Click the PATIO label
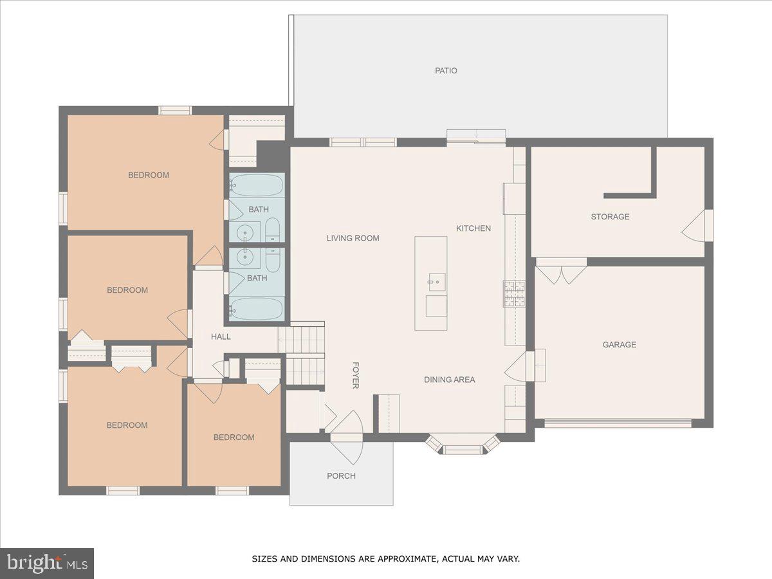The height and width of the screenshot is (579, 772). click(x=446, y=71)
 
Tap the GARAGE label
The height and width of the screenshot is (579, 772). click(x=619, y=345)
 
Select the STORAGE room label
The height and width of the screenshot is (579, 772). click(x=610, y=217)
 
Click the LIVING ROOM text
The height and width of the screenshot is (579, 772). click(x=353, y=238)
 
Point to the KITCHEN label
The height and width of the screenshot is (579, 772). click(x=473, y=228)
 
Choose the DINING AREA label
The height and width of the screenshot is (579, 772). click(x=449, y=380)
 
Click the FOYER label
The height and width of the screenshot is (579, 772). click(x=355, y=375)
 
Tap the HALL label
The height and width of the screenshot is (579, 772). click(x=221, y=336)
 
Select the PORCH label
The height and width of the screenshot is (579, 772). click(x=341, y=476)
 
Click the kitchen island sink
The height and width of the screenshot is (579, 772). click(x=437, y=281)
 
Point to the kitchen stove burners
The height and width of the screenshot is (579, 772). click(x=514, y=294)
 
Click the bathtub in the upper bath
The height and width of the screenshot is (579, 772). click(x=257, y=185)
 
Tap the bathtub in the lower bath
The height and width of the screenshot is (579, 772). click(x=257, y=309)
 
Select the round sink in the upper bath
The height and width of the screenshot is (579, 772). click(x=244, y=232)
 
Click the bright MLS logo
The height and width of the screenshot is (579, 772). click(x=47, y=564)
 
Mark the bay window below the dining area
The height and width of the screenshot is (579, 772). click(x=463, y=446)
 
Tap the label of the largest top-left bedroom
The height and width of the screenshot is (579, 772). click(x=148, y=175)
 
